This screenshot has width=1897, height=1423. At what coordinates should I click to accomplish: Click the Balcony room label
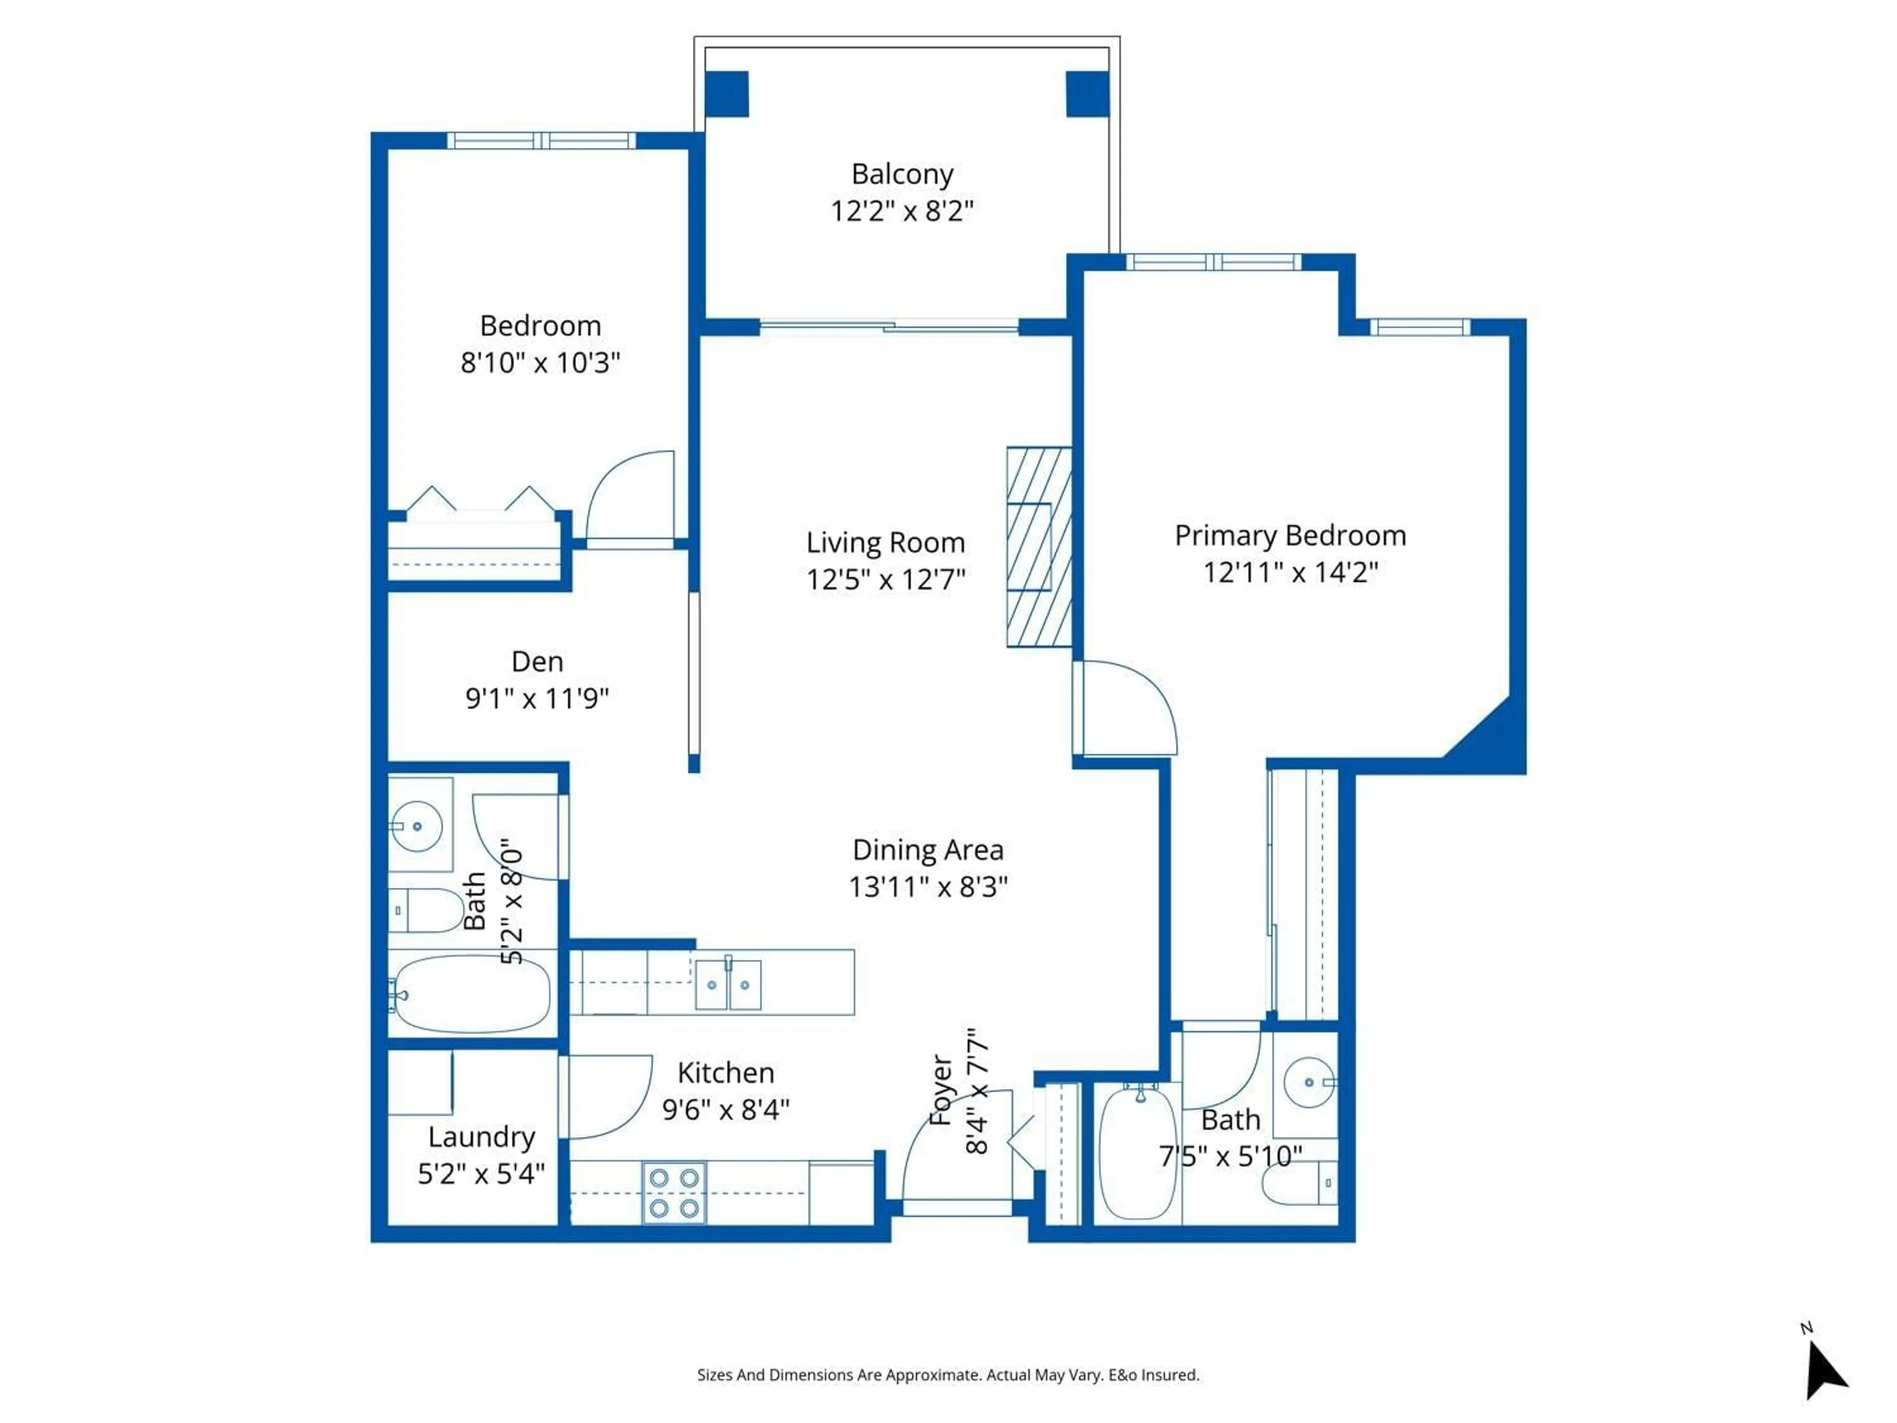[902, 174]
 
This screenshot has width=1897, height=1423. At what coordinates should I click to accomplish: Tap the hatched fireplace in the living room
[1038, 546]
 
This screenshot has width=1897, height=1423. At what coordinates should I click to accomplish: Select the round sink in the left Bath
[417, 826]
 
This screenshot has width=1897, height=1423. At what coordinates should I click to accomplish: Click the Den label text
[537, 661]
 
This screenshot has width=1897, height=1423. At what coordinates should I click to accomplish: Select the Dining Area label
[927, 849]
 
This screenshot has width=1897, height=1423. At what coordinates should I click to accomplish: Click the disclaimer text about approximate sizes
[948, 1375]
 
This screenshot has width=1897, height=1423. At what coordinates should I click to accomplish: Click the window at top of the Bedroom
[541, 141]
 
